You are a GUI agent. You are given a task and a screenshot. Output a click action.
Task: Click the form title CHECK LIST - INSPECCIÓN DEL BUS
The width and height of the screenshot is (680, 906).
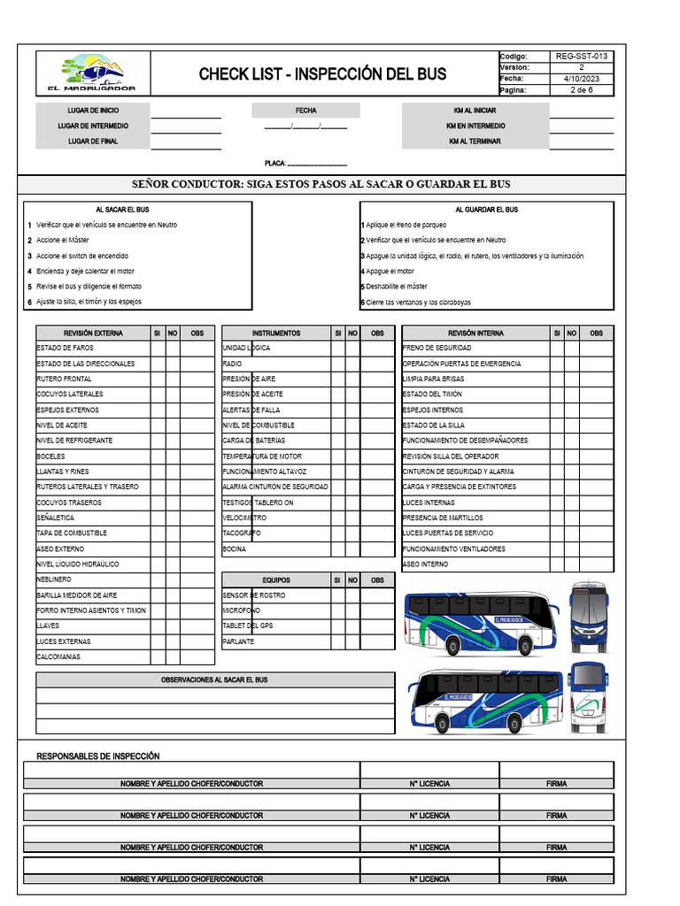point(322,73)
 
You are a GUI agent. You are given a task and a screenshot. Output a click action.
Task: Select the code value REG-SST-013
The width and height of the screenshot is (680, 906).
point(582,56)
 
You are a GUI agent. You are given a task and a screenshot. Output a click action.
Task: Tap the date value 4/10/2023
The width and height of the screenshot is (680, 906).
point(582,79)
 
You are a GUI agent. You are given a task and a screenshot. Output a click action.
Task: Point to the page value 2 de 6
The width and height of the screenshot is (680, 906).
point(582,90)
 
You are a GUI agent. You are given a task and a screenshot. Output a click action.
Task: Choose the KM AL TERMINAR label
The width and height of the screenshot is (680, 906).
point(475,142)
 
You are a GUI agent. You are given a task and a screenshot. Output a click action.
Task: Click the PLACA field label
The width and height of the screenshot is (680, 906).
point(275,164)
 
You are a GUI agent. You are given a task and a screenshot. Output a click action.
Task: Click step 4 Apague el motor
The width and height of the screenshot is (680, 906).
point(390,272)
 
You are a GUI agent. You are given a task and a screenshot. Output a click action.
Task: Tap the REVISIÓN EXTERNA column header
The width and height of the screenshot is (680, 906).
point(93,334)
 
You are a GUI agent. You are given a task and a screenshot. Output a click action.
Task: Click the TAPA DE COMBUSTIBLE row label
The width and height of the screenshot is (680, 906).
point(72,534)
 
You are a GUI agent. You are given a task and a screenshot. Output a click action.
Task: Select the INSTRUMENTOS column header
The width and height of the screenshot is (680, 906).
point(275,334)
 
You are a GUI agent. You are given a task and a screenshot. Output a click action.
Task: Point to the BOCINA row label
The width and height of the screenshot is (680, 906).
point(235,549)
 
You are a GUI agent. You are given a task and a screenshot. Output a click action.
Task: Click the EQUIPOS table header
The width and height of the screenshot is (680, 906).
point(275,580)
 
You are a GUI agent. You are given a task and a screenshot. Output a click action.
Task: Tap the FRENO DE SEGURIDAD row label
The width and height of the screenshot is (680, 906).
point(437,349)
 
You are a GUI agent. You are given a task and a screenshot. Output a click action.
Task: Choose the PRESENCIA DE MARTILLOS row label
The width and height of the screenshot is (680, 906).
point(443,518)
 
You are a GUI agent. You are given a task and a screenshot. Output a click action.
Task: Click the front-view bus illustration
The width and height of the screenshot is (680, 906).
point(589,618)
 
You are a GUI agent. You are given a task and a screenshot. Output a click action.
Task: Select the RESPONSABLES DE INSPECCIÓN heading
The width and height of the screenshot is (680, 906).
point(97,756)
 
